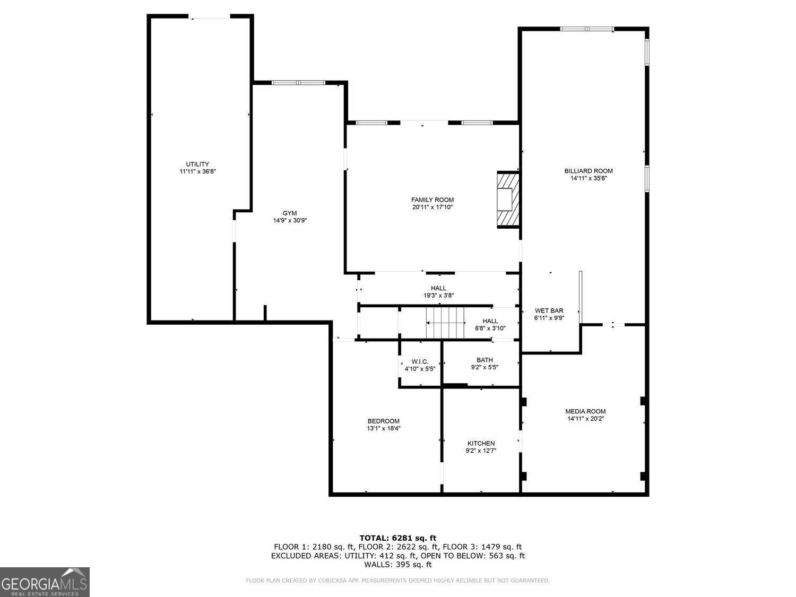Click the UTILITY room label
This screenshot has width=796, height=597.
[197, 164]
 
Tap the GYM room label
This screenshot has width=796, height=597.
[290, 213]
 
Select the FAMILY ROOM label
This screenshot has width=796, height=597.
[432, 200]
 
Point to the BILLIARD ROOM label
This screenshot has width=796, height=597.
[588, 171]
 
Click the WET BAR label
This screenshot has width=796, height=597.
[549, 310]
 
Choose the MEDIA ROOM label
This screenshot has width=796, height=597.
[585, 411]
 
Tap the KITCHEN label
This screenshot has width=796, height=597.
[481, 443]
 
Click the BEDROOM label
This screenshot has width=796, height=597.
[383, 421]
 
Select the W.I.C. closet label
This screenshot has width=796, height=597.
[420, 361]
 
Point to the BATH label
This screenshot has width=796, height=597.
[484, 360]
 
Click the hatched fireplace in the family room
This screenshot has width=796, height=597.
[508, 200]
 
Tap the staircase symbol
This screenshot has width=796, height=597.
[445, 323]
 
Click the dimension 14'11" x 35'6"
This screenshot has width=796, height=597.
[589, 178]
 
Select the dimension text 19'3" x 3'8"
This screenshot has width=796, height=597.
[438, 296]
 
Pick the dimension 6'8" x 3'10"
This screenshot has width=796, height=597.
[490, 328]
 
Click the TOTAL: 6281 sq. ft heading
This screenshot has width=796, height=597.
[398, 538]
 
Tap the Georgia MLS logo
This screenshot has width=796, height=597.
[45, 582]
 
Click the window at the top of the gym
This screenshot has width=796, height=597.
[298, 83]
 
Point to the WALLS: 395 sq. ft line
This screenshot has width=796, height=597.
[398, 565]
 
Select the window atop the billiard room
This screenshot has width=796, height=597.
[587, 29]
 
